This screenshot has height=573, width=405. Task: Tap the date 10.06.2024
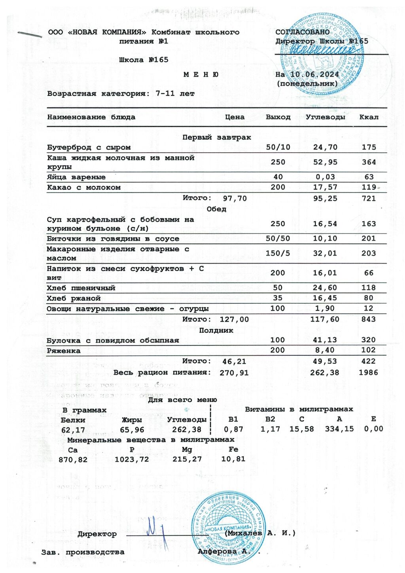click(x=314, y=74)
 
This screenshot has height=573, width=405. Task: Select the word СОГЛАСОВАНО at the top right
click(x=302, y=32)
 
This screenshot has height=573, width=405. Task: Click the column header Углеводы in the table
click(x=325, y=117)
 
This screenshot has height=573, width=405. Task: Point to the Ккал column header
click(x=369, y=117)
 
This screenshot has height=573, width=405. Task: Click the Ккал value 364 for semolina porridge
click(x=369, y=162)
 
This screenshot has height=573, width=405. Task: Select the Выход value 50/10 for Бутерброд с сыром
click(x=278, y=147)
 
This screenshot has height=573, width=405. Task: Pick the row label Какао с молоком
click(x=84, y=188)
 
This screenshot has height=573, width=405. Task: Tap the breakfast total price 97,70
click(x=235, y=199)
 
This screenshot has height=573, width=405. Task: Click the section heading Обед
click(x=216, y=209)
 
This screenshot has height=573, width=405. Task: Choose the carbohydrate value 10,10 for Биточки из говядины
click(x=325, y=239)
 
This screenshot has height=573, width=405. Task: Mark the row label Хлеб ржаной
click(x=74, y=298)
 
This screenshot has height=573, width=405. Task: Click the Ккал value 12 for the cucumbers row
click(x=369, y=309)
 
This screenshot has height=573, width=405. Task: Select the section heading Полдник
click(x=216, y=330)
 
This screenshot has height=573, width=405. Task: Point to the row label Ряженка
click(x=63, y=351)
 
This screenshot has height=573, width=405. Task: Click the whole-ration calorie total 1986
click(x=369, y=373)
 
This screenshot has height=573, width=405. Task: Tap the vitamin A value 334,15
click(x=339, y=429)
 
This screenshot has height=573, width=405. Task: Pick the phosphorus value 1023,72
click(x=132, y=459)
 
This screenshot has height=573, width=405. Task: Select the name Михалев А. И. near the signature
click(x=260, y=533)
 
